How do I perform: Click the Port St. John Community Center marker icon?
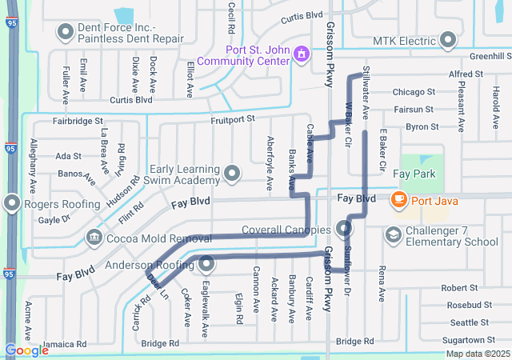[302, 54]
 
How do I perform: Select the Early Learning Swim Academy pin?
[233, 174]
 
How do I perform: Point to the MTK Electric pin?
[448, 40]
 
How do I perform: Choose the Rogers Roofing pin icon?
[12, 205]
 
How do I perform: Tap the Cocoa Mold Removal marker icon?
[94, 237]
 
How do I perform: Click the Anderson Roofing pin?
[207, 263]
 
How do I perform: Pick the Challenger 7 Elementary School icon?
[393, 235]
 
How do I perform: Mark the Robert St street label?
[459, 287]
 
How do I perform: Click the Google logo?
[26, 350]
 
